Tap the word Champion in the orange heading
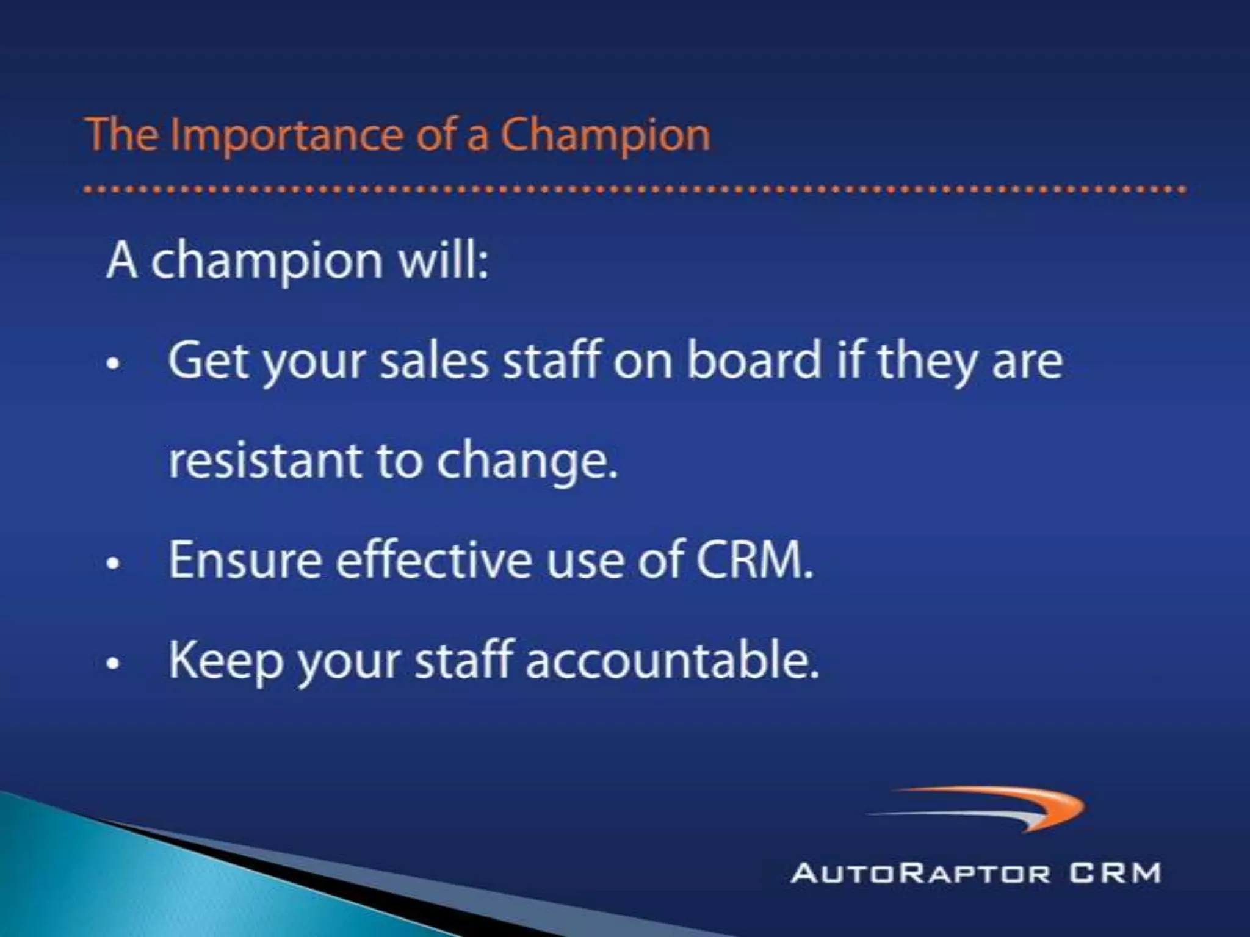(605, 135)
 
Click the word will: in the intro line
(444, 261)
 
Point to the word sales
(434, 361)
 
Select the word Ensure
(245, 560)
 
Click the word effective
(434, 560)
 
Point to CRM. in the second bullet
(756, 560)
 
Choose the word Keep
(225, 660)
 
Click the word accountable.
(672, 660)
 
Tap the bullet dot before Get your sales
(112, 364)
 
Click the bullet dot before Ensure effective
(112, 564)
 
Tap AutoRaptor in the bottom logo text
(920, 873)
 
